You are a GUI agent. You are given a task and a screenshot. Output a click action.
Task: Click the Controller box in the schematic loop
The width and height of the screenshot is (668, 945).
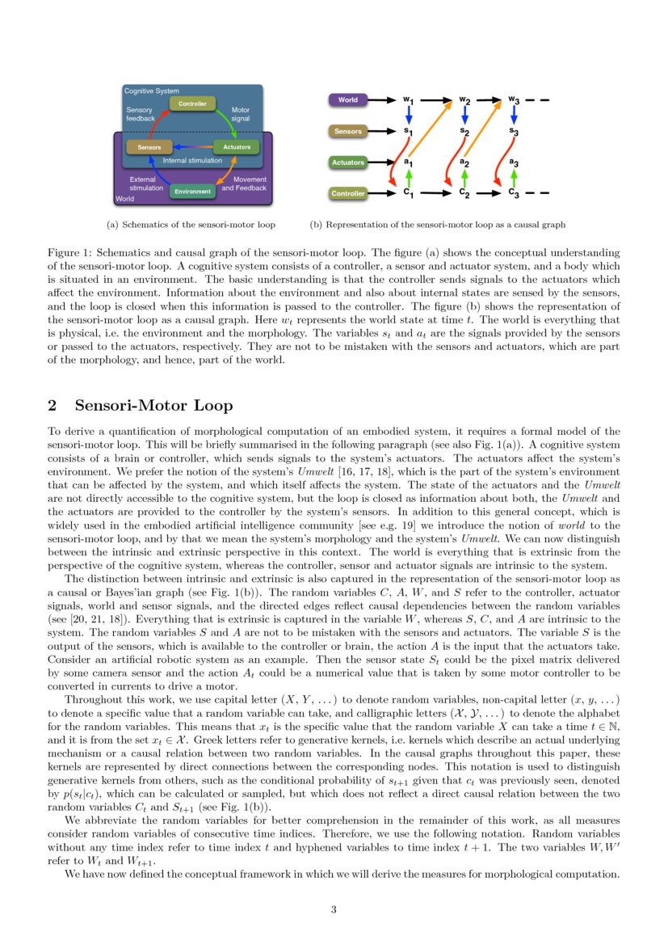(192, 103)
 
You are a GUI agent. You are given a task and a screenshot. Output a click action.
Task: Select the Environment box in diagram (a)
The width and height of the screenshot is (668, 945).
(192, 192)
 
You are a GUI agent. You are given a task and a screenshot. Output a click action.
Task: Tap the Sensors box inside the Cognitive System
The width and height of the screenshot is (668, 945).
(149, 147)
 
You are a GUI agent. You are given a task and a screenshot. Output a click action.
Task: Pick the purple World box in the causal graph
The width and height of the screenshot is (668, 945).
(348, 100)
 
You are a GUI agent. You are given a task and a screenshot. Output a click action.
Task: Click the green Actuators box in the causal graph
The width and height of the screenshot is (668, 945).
(348, 162)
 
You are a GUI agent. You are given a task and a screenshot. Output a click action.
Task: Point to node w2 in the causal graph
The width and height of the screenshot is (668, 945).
(464, 100)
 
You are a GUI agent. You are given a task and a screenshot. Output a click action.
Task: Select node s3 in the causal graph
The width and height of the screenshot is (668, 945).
(514, 131)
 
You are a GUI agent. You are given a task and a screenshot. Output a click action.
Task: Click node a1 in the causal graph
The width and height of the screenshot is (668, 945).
(409, 162)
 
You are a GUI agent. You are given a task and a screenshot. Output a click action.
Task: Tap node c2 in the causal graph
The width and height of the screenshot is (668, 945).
(464, 193)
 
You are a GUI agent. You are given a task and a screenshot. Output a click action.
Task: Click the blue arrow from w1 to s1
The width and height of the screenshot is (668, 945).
(409, 116)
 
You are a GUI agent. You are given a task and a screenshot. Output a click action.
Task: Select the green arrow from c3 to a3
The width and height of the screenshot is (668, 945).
(514, 178)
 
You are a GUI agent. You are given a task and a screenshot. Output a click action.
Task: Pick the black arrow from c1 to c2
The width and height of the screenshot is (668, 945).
(436, 193)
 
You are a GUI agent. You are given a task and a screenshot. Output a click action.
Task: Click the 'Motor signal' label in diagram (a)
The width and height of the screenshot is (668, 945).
(241, 114)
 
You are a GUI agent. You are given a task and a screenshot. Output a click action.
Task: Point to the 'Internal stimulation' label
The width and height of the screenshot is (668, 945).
(192, 161)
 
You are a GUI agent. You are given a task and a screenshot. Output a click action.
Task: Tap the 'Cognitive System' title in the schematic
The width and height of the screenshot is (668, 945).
(151, 91)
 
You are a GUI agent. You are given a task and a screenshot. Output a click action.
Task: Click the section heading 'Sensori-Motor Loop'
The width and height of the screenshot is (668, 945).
(153, 405)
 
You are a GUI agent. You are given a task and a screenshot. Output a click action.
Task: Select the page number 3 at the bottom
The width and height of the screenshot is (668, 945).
(334, 909)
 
